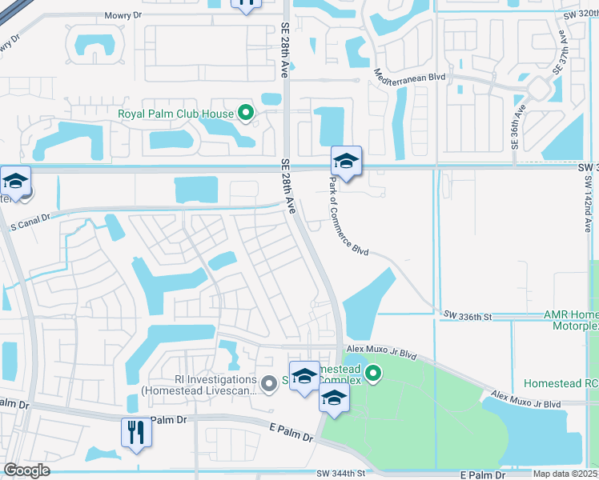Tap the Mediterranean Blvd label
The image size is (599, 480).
(x=410, y=74)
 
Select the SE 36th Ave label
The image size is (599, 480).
(x=515, y=127)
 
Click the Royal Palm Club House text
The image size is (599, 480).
(x=175, y=114)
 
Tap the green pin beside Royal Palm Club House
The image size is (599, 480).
(x=247, y=114)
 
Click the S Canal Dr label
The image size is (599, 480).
(x=29, y=217)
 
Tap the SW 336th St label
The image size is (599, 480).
(x=467, y=317)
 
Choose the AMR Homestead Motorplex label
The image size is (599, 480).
(x=570, y=320)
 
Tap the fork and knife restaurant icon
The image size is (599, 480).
(x=136, y=433)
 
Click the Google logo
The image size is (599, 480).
(x=26, y=470)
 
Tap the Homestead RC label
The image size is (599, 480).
(x=561, y=384)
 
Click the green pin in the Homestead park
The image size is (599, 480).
(x=372, y=372)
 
